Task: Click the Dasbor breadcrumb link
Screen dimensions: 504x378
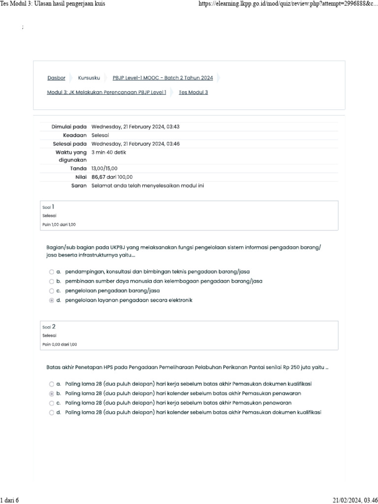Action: point(56,78)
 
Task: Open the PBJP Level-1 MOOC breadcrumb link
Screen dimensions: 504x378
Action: point(162,78)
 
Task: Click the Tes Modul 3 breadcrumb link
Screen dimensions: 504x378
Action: point(193,92)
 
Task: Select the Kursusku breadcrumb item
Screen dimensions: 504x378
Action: point(89,78)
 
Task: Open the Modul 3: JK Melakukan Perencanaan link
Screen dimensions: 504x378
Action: point(106,92)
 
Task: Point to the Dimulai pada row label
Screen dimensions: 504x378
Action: point(69,126)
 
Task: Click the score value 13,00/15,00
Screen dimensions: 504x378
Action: point(104,168)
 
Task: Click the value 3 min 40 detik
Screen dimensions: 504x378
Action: point(109,152)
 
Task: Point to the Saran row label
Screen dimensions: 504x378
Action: point(79,186)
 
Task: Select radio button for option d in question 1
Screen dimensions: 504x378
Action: point(52,300)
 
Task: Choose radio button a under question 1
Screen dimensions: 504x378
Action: point(52,272)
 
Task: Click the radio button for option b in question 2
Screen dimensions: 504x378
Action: point(52,394)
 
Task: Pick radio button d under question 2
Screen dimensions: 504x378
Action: point(52,413)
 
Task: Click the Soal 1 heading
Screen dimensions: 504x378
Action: point(49,207)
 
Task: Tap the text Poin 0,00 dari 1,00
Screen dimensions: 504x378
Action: point(60,345)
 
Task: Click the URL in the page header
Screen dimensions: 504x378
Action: point(287,4)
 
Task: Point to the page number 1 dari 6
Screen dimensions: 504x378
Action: point(9,500)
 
